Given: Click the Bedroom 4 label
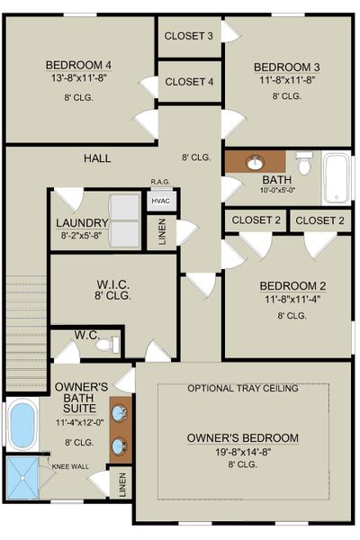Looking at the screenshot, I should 79,65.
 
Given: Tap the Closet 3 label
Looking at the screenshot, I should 189,36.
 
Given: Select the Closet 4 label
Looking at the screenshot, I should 189,81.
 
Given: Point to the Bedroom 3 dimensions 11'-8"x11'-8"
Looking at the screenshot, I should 286,81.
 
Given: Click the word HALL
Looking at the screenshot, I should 97,158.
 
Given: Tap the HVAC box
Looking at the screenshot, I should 161,202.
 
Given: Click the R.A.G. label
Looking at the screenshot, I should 161,182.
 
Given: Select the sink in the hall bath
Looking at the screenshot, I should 256,163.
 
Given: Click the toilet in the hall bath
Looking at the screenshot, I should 304,166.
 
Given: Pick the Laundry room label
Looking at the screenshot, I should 82,223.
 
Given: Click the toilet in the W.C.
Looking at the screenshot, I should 106,344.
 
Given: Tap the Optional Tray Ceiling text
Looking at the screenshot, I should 243,389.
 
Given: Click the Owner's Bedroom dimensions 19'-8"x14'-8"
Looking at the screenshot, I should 242,452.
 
